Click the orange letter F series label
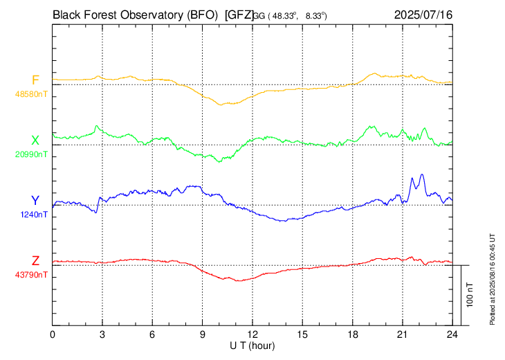[35, 80]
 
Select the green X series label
[35, 141]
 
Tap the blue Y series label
[35, 201]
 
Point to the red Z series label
[35, 260]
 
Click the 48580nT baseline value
[31, 94]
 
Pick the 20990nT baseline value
[31, 154]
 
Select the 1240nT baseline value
[34, 215]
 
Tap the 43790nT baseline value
[31, 275]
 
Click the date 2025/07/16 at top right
[423, 15]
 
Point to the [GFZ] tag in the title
[239, 15]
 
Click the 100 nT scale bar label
[470, 295]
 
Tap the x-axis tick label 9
[202, 335]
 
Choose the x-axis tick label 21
[402, 335]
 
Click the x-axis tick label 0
[53, 335]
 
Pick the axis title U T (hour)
[252, 346]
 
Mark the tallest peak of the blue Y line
[421, 174]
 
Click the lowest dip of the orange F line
[221, 105]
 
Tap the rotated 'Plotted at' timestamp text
[492, 279]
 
